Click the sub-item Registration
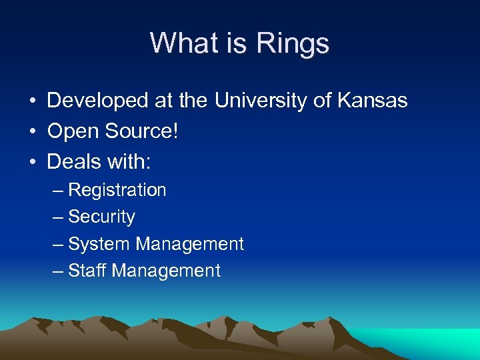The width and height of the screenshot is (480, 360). [x=117, y=190]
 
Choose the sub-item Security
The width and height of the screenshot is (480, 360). [x=101, y=217]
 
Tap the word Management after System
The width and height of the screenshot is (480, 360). [x=190, y=244]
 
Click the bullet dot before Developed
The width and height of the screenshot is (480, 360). [x=32, y=102]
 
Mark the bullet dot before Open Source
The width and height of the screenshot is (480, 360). [x=32, y=132]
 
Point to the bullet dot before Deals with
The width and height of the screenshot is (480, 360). [x=32, y=162]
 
